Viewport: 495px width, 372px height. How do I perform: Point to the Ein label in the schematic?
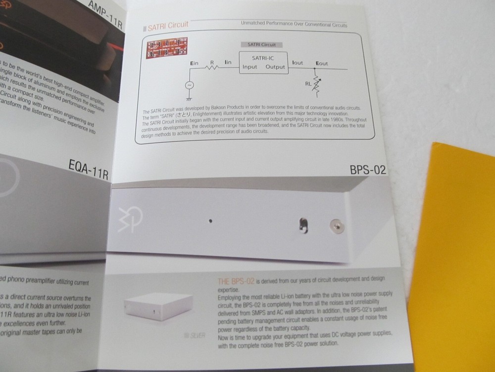pos(195,63)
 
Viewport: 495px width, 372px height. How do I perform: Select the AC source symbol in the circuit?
pos(189,85)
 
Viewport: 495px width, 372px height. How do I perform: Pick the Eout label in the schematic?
pos(322,63)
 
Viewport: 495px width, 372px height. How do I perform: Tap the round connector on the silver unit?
pos(336,226)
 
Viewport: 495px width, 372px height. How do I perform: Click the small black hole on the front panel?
pos(210,220)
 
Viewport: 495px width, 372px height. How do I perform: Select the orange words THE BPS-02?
pos(236,281)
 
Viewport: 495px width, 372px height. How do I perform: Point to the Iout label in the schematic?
pos(297,63)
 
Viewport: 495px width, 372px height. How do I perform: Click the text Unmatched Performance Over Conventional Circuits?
pos(294,24)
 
